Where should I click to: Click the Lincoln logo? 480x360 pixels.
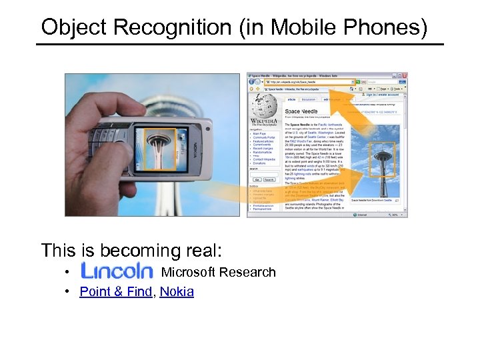tap(117, 271)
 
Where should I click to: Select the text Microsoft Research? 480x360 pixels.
tap(218, 272)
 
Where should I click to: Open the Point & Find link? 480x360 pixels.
tap(115, 291)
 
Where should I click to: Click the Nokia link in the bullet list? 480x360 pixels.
tap(177, 291)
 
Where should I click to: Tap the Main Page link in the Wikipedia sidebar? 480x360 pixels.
tap(259, 134)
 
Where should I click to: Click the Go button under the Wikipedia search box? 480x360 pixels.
tap(257, 179)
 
